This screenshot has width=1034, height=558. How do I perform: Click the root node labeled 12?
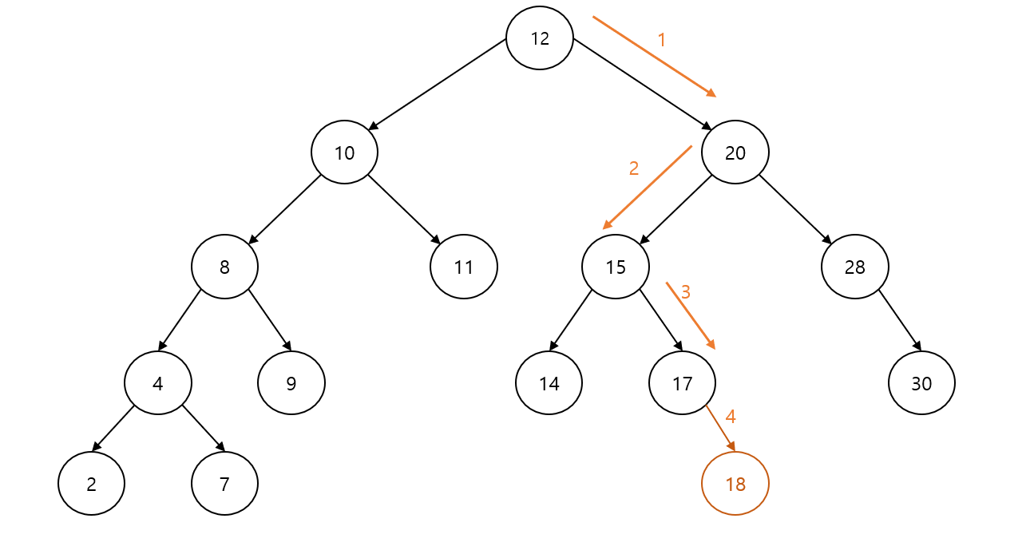[x=540, y=38]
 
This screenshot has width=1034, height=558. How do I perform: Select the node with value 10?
[x=344, y=152]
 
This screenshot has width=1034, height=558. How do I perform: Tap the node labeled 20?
[x=735, y=152]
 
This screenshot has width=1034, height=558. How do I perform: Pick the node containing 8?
[x=224, y=267]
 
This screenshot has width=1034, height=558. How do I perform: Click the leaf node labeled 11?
[x=463, y=267]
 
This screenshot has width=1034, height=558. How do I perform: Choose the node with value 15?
[x=616, y=267]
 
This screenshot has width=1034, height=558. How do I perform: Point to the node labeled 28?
[x=854, y=267]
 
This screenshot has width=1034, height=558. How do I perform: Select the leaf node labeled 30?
[x=921, y=383]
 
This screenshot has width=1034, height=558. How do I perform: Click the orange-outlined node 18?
[x=735, y=484]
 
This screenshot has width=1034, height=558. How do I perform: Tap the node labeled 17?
[x=683, y=383]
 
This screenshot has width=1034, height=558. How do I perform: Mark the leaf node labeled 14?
[x=549, y=383]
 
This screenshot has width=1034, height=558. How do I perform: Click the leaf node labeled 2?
[x=91, y=484]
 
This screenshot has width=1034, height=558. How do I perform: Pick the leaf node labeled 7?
[x=224, y=484]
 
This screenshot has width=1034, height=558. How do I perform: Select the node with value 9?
[x=291, y=383]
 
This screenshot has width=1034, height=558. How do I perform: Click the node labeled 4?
[x=158, y=383]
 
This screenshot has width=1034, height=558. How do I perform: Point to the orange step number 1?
[x=661, y=39]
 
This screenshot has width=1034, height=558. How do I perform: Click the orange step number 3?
[x=685, y=291]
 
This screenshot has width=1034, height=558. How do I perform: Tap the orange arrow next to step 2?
[x=647, y=188]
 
